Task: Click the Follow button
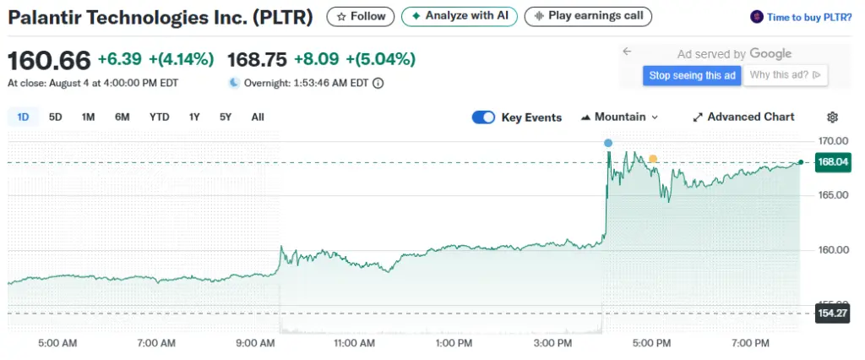361,16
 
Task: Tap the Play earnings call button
588,16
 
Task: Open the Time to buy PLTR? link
802,16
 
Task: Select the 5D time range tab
56,117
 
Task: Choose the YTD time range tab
160,117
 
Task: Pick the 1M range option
88,117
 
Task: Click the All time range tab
258,117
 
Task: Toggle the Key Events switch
483,117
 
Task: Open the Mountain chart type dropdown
619,117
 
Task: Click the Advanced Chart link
743,117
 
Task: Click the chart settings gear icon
832,117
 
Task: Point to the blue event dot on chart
608,143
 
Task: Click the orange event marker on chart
652,158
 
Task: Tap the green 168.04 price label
833,161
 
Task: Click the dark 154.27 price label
833,314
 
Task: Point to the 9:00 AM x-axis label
256,343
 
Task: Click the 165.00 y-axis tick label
832,195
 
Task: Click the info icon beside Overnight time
378,83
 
